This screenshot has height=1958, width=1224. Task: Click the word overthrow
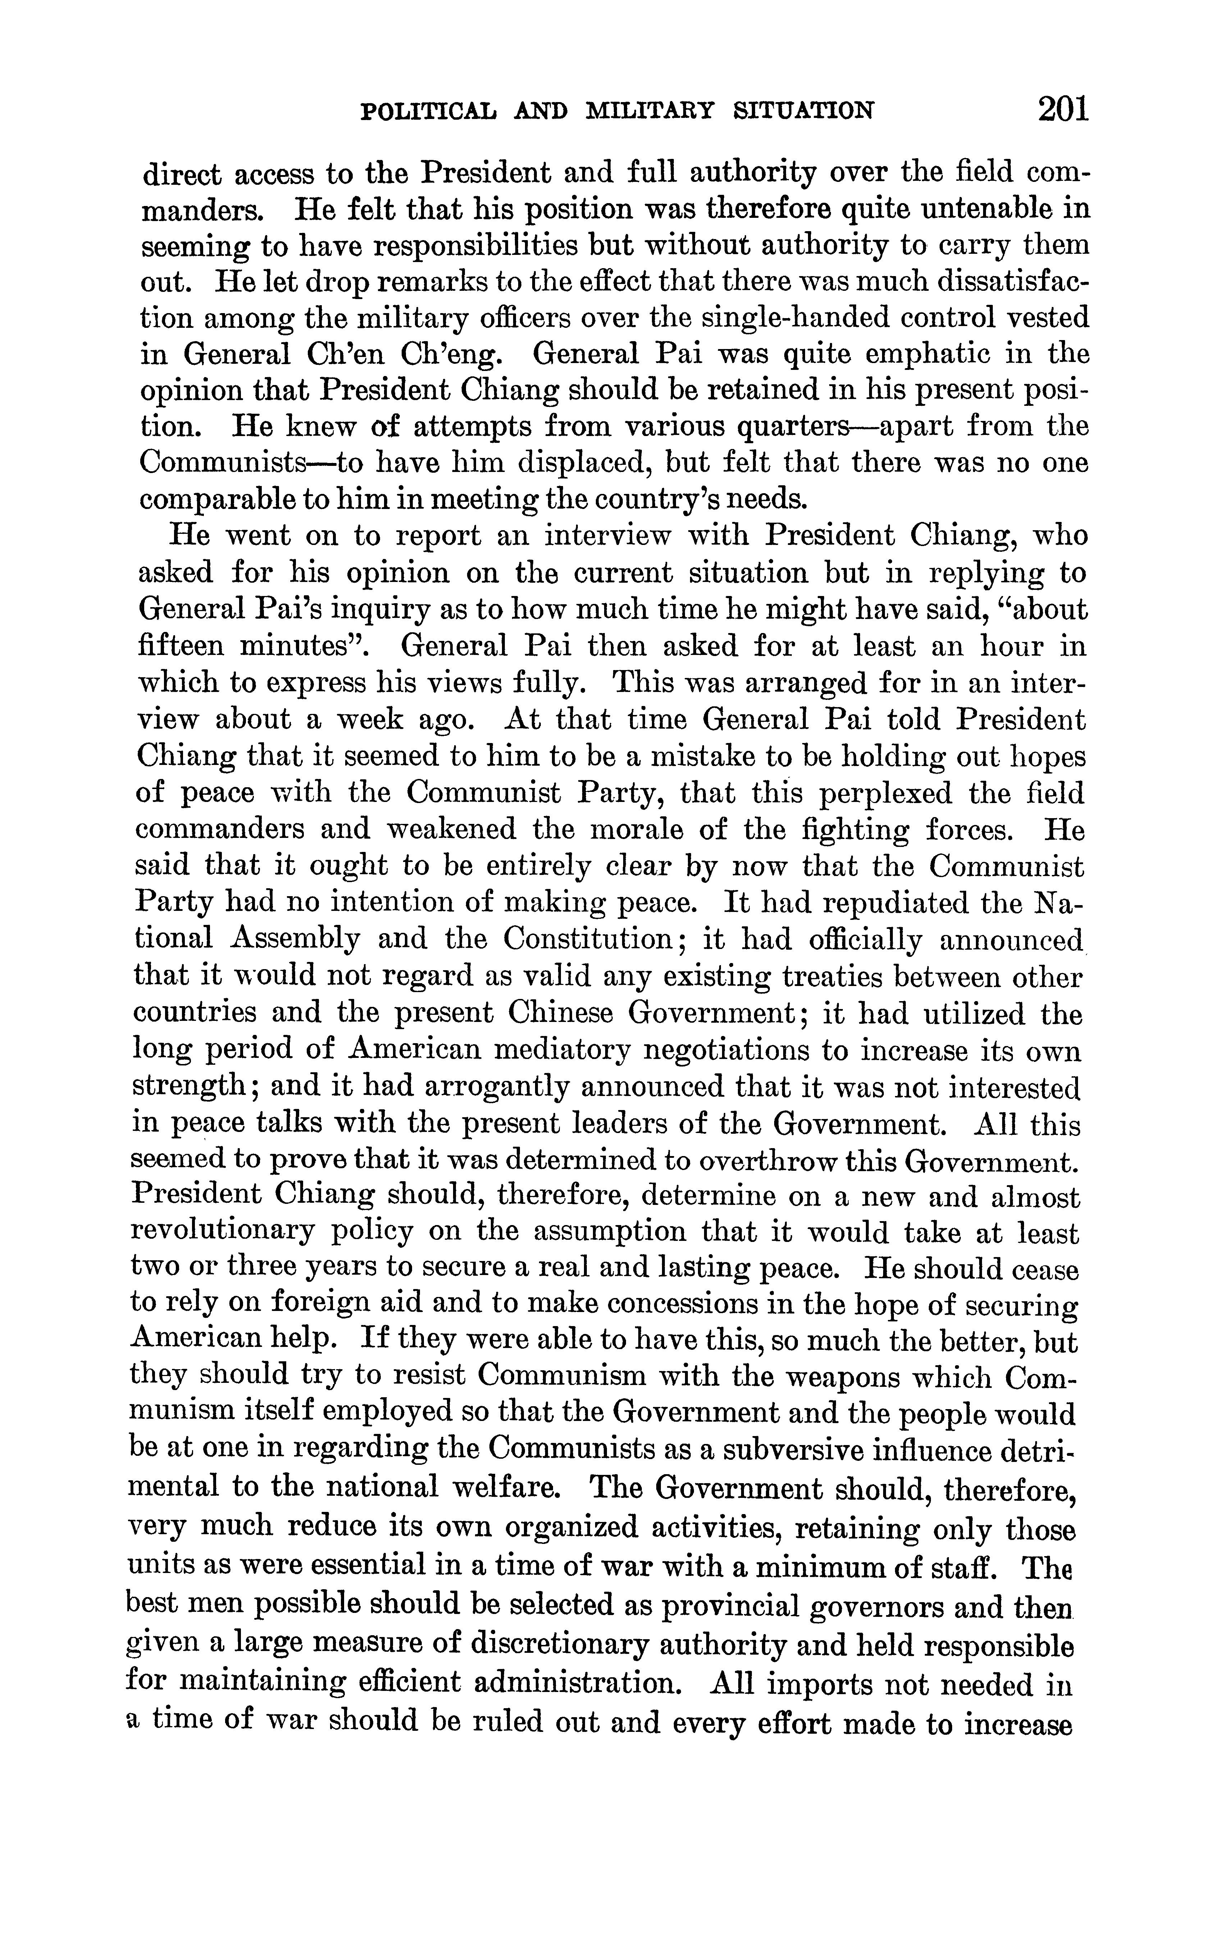click(x=767, y=1160)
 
